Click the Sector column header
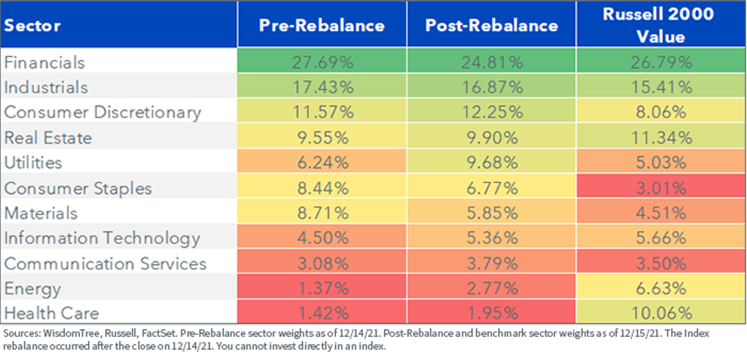tap(32, 26)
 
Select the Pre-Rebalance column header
tap(322, 26)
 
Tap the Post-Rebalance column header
tap(492, 26)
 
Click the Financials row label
tap(44, 62)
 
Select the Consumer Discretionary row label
tap(103, 113)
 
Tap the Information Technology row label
tap(102, 239)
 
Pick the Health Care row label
tap(52, 313)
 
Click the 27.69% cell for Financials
tap(322, 62)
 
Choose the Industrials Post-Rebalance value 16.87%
tap(492, 87)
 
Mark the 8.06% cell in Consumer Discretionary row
tap(661, 112)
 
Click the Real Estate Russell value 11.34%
tap(662, 138)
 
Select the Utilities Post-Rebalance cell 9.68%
tap(492, 163)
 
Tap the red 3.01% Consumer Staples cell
tap(661, 188)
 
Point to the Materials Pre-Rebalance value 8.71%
tap(323, 213)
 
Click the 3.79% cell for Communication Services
tap(492, 263)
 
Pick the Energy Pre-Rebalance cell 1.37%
tap(323, 288)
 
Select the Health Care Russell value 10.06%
tap(662, 313)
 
